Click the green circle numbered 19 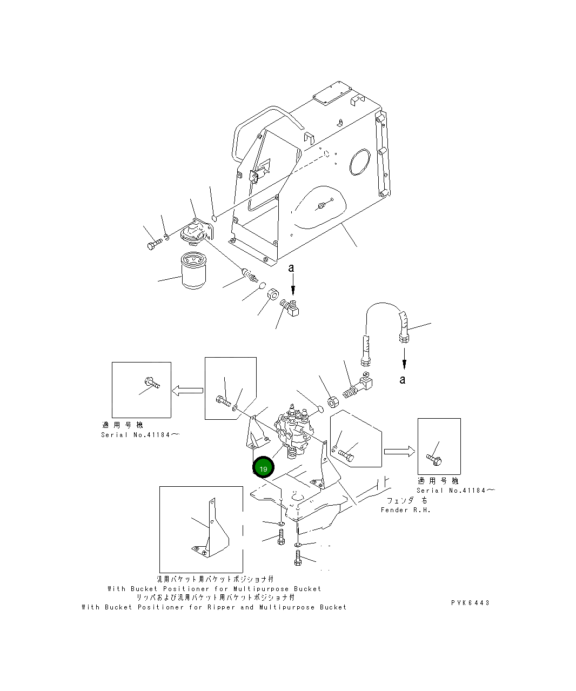point(263,468)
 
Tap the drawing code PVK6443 point(470,602)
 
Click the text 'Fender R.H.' point(406,510)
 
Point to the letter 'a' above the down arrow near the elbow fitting point(292,267)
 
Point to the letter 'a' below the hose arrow point(403,380)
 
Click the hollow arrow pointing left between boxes point(187,390)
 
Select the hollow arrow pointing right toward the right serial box point(399,451)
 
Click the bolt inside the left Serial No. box point(151,384)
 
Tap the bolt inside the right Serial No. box point(434,460)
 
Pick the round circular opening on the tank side point(360,162)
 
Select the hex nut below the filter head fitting point(273,294)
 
